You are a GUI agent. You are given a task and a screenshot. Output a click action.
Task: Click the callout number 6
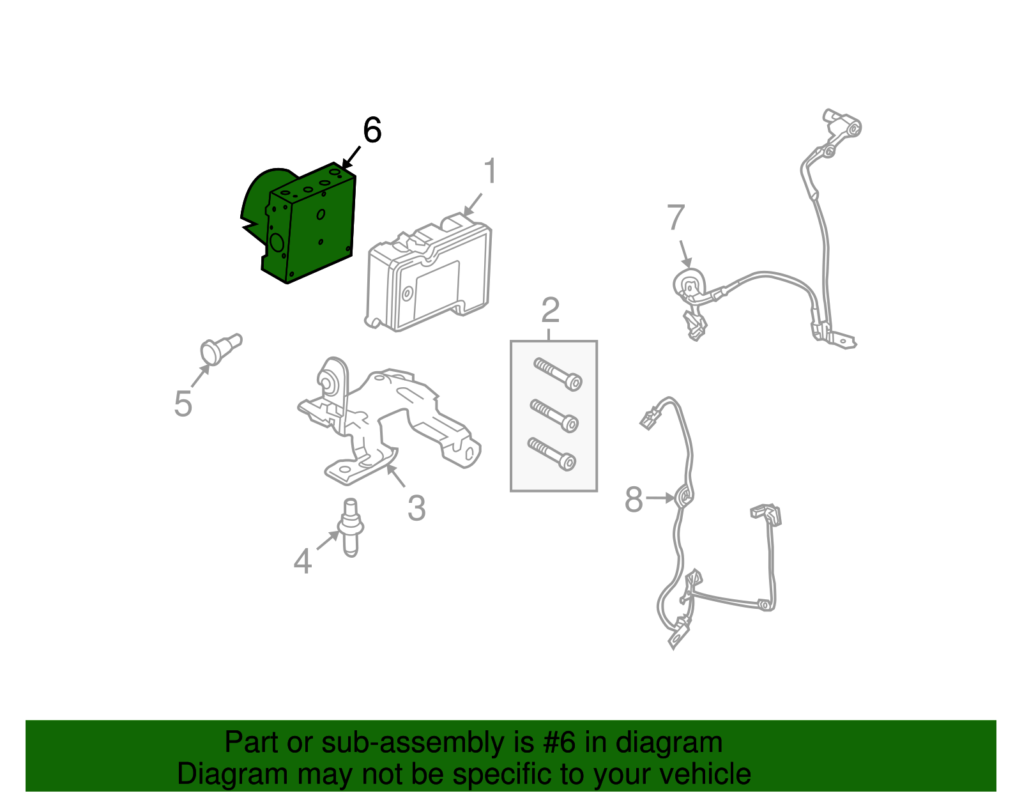coord(372,130)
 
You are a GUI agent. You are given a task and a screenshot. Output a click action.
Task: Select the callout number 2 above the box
coord(550,311)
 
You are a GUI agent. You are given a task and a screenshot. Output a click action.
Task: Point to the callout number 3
coord(416,509)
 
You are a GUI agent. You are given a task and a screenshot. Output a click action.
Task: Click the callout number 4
coord(302,562)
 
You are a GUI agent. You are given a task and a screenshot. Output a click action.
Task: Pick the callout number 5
coord(183,404)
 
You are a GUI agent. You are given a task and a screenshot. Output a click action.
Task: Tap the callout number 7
coord(676,218)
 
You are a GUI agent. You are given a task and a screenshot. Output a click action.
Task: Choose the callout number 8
coord(633,500)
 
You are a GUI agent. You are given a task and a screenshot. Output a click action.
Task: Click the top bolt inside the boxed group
coord(558,374)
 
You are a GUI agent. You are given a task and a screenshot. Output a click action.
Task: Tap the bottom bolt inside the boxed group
coord(552,454)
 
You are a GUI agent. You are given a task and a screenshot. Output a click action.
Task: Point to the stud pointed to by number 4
coord(350,527)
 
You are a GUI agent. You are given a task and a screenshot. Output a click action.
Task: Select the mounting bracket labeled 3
coord(383,415)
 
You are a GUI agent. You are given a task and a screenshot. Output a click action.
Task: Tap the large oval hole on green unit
coord(277,242)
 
